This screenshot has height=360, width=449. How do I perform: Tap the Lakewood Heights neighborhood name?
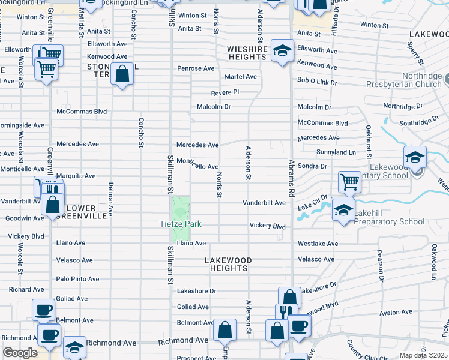coord(228,264)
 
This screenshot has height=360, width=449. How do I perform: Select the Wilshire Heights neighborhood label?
coord(246,53)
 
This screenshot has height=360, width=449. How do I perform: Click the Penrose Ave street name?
coord(196,68)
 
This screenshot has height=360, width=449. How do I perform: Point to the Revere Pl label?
coord(225,92)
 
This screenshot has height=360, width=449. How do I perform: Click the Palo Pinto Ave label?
coord(77,279)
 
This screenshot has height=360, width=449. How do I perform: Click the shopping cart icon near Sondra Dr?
coord(349,181)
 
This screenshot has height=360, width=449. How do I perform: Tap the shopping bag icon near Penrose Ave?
coord(122,75)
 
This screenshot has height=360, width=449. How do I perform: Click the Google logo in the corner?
coord(20,353)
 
